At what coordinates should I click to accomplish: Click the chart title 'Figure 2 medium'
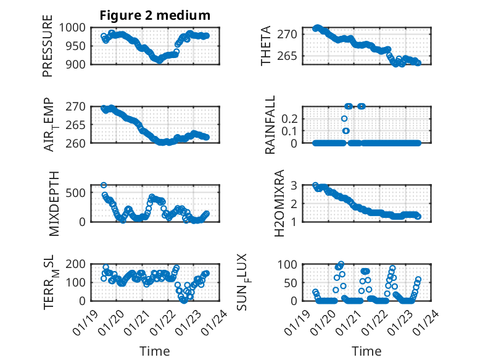[155, 15]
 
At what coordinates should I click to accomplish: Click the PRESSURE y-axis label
[48, 46]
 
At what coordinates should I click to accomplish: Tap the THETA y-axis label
[266, 46]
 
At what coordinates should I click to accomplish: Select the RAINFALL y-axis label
[271, 125]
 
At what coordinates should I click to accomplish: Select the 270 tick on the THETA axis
[291, 33]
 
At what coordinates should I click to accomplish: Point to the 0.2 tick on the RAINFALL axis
[291, 118]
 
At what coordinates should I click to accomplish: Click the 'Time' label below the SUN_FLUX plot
[366, 351]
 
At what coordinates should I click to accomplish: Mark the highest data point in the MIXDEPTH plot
[104, 185]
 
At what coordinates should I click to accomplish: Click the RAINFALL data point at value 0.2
[344, 119]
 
